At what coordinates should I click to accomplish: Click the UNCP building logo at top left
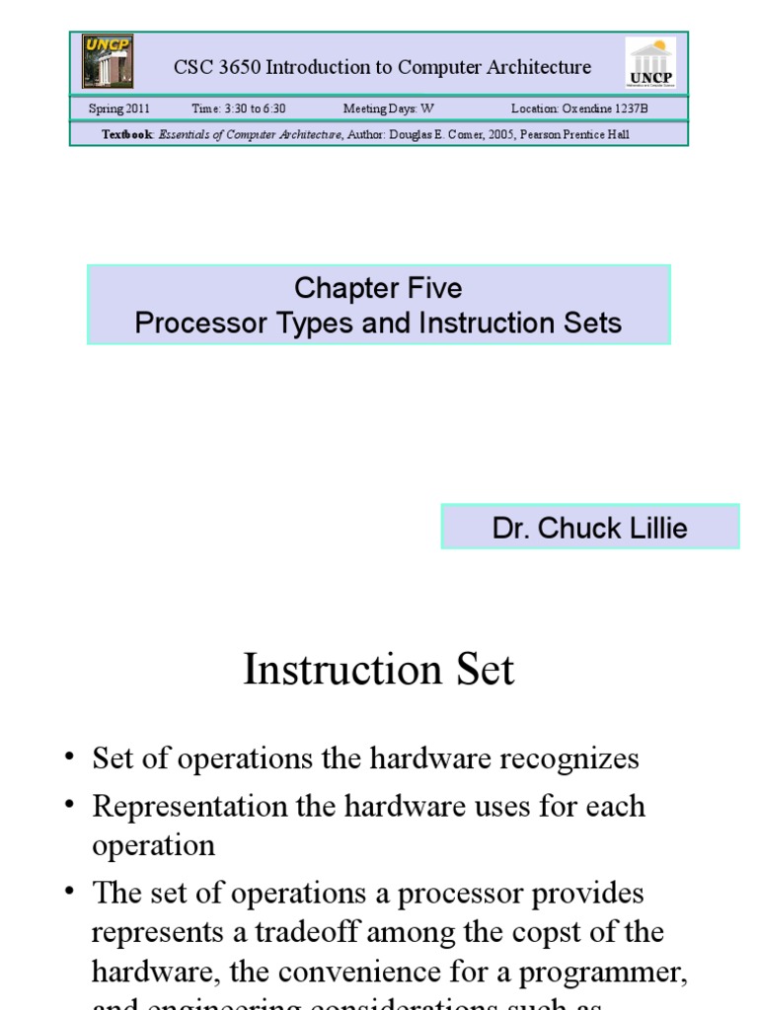[x=108, y=61]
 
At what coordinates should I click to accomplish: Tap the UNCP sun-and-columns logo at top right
[x=651, y=62]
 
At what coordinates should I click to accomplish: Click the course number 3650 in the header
[x=236, y=67]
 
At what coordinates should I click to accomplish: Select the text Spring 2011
[x=119, y=108]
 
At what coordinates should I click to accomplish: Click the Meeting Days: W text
[x=388, y=108]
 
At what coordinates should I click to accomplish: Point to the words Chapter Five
[x=378, y=288]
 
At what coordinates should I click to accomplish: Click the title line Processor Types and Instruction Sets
[x=378, y=323]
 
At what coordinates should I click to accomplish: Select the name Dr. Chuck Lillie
[x=589, y=528]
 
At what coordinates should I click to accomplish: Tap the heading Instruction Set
[x=378, y=670]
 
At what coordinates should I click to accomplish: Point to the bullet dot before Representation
[x=69, y=804]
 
